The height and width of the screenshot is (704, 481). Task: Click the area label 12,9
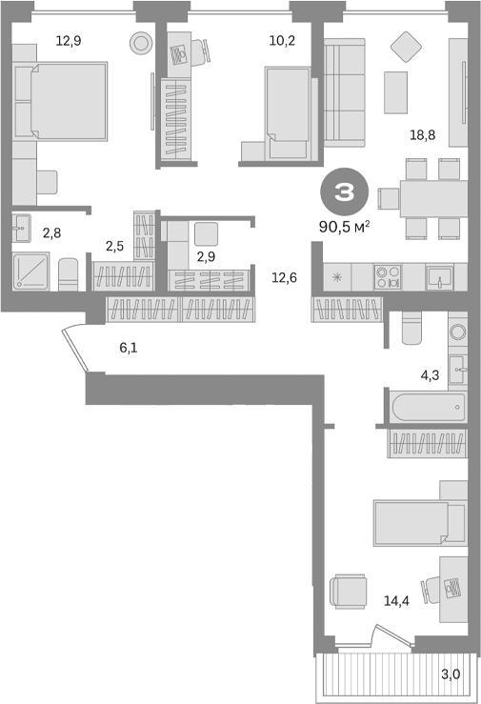pyautogui.click(x=67, y=41)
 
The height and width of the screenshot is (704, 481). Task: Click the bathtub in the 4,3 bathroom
pyautogui.click(x=427, y=407)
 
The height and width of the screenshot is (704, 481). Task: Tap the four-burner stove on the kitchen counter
pyautogui.click(x=388, y=276)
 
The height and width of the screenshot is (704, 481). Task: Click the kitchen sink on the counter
pyautogui.click(x=438, y=276)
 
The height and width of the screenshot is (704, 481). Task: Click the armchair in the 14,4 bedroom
pyautogui.click(x=348, y=591)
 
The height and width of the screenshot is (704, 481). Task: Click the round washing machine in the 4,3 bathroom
pyautogui.click(x=455, y=332)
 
